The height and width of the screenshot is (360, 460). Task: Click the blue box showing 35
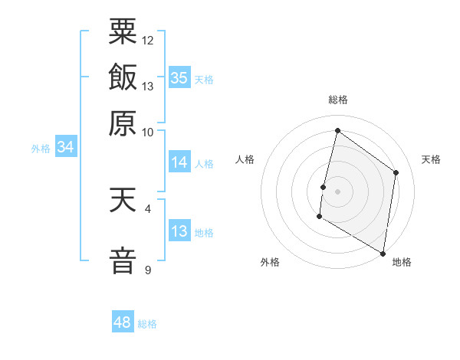(179, 77)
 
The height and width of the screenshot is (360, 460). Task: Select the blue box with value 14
(179, 162)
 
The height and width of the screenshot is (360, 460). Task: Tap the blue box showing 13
(179, 231)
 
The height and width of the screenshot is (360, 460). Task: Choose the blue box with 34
(65, 148)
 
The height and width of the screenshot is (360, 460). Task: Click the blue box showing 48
(123, 322)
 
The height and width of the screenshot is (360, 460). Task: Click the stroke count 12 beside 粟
(148, 40)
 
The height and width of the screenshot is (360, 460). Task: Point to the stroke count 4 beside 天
(148, 208)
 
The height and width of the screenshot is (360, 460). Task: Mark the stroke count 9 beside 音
(148, 270)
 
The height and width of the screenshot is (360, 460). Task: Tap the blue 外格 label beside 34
(41, 149)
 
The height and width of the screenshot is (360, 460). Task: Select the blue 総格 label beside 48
(147, 324)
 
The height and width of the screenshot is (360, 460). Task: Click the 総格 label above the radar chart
(337, 100)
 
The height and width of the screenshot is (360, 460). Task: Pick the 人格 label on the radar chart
(245, 159)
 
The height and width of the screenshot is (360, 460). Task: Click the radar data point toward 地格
(383, 253)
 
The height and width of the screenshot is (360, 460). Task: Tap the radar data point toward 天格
(396, 172)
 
